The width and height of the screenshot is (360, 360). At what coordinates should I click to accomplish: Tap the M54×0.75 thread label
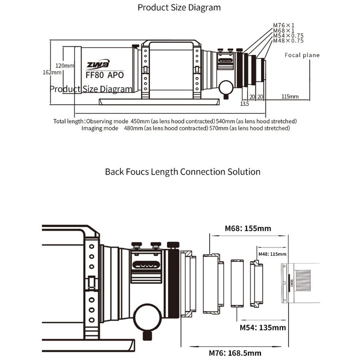pos(288,36)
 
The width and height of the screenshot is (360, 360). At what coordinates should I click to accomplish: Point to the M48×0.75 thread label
pos(288,40)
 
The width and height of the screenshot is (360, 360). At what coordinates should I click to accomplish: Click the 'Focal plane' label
pos(302,55)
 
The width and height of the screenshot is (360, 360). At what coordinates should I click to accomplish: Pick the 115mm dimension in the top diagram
pos(290,96)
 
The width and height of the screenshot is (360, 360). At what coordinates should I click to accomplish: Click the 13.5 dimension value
pos(244,104)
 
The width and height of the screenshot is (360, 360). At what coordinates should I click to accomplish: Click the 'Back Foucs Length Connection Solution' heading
pos(183,171)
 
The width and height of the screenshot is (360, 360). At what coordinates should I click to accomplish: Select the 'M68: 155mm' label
pos(247,229)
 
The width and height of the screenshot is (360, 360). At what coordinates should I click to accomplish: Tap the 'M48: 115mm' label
pos(272,254)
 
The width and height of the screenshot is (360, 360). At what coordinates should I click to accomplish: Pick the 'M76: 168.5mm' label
pos(244,353)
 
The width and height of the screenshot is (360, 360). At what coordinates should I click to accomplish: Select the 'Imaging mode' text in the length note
pos(99,128)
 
